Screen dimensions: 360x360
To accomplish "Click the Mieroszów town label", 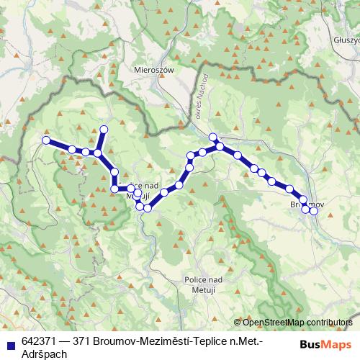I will (151, 70).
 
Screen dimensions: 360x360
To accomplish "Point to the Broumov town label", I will (306, 205).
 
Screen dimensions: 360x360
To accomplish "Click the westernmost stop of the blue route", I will (46, 140).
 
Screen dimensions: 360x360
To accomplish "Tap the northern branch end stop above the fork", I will (103, 130).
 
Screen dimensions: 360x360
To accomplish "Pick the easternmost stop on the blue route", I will (314, 210).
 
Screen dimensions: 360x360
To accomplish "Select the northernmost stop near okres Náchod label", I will (212, 138).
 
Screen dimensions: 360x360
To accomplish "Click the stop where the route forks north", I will (97, 153).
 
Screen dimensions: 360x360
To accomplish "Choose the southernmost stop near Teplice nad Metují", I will (147, 208).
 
